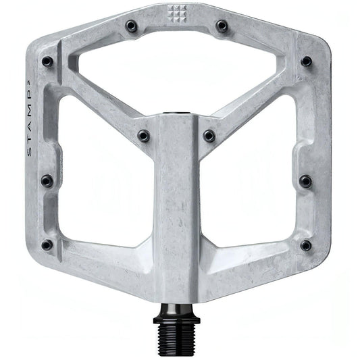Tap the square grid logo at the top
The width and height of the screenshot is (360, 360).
[x=178, y=11]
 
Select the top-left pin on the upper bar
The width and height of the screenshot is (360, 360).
[x=132, y=26]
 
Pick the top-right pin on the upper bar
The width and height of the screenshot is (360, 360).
[x=222, y=26]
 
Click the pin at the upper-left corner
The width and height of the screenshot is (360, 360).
[x=47, y=61]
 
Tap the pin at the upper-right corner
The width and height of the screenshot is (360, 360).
[x=306, y=61]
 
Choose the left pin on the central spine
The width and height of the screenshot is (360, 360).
[x=144, y=136]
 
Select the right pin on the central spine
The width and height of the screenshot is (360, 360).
[x=209, y=136]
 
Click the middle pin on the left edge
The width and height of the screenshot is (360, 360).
[x=47, y=181]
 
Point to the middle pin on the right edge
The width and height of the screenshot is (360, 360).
[x=305, y=181]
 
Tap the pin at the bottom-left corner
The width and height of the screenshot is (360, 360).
[x=47, y=245]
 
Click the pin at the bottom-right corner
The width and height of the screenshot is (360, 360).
[x=306, y=245]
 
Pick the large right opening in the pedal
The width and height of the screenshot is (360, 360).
[x=253, y=176]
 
